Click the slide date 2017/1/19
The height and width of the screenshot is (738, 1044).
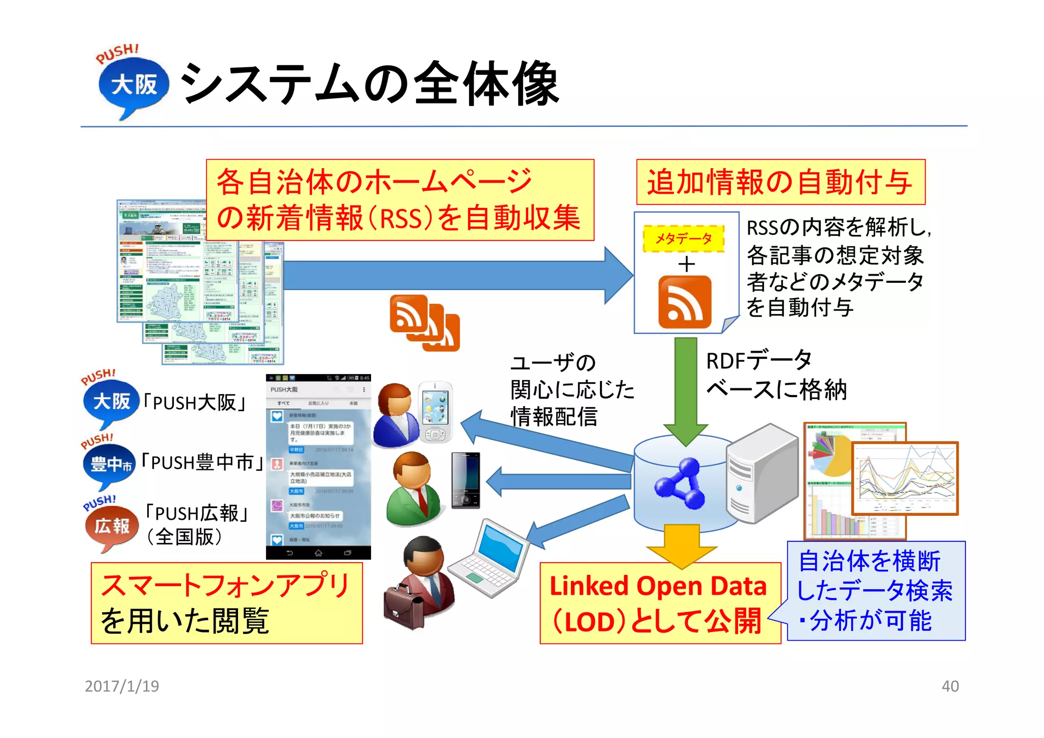click(x=122, y=686)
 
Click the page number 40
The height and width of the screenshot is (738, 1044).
click(x=950, y=686)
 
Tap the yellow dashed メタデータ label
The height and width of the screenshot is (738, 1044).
click(x=684, y=239)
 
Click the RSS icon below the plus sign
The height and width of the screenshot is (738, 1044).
click(x=685, y=302)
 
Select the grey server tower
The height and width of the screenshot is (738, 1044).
click(x=762, y=474)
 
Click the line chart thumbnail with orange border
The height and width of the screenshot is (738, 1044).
click(x=905, y=479)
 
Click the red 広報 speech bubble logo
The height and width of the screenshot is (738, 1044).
click(x=112, y=526)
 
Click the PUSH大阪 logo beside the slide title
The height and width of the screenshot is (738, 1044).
click(x=133, y=84)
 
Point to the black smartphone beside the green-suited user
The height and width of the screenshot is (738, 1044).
click(x=466, y=480)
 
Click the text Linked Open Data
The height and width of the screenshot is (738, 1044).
click(x=658, y=586)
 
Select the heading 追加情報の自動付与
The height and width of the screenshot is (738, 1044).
click(x=780, y=182)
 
